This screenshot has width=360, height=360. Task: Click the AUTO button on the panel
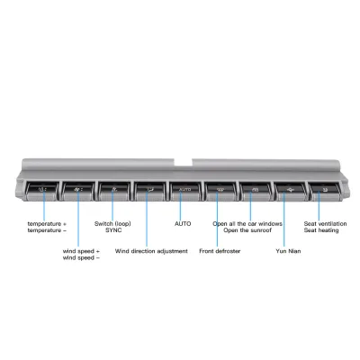(184, 191)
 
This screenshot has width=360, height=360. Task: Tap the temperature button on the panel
(42, 191)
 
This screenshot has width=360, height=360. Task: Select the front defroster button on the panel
(220, 191)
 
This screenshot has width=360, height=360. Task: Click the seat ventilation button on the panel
(324, 191)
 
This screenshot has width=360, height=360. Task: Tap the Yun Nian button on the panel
(290, 191)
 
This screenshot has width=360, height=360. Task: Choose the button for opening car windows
(256, 191)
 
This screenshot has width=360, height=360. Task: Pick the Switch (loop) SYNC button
(114, 191)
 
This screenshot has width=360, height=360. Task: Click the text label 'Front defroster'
(220, 251)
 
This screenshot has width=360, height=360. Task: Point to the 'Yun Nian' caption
(288, 251)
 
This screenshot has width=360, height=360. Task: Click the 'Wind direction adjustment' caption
(151, 251)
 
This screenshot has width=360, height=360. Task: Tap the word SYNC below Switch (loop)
(113, 230)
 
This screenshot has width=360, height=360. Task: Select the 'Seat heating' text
(321, 230)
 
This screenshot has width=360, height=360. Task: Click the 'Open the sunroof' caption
(247, 230)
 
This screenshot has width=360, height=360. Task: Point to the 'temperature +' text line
(47, 224)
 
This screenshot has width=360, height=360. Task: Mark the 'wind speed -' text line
(81, 257)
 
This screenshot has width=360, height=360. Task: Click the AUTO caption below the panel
(183, 224)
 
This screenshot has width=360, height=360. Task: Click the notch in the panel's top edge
(183, 162)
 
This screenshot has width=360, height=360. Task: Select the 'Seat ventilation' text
(325, 224)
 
